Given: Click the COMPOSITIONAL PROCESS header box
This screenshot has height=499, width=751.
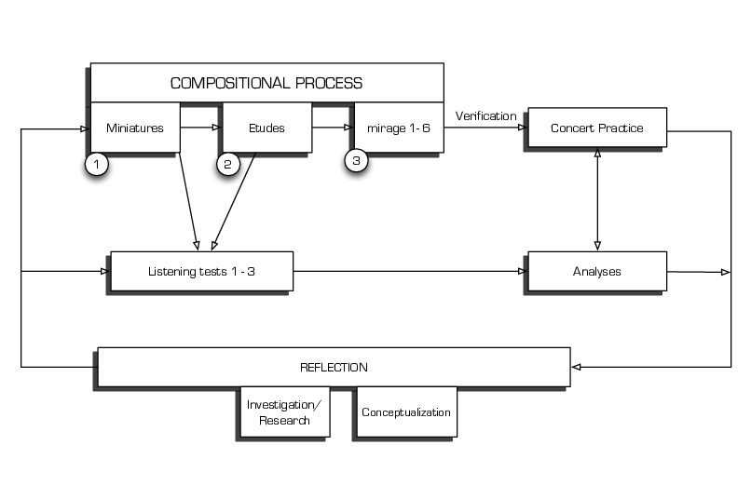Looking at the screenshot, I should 266,83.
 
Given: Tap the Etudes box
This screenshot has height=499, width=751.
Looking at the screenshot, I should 266,128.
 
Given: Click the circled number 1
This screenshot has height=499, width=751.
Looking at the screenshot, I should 97,165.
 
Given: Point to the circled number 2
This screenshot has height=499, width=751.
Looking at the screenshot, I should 229,165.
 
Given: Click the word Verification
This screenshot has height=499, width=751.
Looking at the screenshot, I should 485,116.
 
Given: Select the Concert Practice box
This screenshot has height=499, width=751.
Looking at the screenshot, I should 597,128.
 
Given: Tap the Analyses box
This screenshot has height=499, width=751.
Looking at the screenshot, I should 597,272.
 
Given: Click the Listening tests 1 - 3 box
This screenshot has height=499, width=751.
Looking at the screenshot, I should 201,272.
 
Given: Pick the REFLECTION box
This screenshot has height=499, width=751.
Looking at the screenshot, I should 334,367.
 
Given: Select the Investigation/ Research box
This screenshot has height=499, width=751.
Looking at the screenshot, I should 286,412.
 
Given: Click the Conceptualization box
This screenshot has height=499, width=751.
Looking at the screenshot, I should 406,412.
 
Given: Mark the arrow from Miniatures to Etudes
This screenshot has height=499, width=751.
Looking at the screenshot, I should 199,127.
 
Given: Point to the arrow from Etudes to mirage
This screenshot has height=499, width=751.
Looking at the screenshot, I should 331,127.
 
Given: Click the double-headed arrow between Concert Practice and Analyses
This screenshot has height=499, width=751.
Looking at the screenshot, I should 597,199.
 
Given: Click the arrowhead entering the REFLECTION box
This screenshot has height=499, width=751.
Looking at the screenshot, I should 577,367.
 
